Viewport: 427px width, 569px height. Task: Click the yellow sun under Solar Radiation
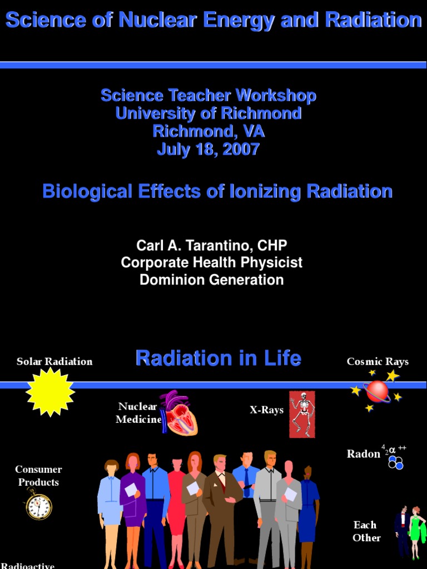(x=50, y=392)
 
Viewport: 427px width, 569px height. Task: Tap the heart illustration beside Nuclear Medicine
(x=179, y=414)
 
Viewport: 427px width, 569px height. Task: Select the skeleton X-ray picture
(x=302, y=414)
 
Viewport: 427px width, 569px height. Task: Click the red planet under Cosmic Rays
(x=377, y=391)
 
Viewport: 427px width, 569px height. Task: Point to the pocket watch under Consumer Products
(x=39, y=506)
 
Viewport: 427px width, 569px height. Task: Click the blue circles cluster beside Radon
(x=396, y=462)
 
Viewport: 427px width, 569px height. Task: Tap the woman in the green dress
(x=415, y=531)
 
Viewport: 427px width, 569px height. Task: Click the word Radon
(x=364, y=454)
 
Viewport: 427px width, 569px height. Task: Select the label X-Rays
(x=267, y=410)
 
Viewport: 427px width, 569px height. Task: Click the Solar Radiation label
(x=54, y=362)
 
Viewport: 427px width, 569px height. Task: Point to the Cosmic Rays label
(x=378, y=362)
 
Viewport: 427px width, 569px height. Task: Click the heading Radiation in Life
(x=219, y=358)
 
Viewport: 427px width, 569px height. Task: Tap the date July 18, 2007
(x=208, y=149)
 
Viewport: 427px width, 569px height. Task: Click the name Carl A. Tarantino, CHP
(x=212, y=245)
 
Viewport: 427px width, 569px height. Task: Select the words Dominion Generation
(x=212, y=279)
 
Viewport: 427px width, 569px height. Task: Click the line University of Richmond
(x=208, y=113)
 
